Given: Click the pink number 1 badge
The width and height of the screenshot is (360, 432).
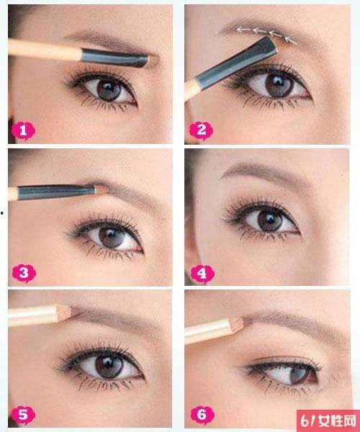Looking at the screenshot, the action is [x=23, y=131].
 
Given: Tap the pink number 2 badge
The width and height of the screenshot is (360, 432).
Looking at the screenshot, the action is [x=201, y=130].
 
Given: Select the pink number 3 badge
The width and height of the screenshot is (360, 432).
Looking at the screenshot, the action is [x=24, y=274].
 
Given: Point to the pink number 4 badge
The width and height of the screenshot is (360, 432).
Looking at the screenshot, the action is [x=202, y=274].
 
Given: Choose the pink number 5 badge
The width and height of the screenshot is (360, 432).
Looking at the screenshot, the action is [x=24, y=415].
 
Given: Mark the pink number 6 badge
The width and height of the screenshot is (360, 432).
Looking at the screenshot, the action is [x=202, y=415].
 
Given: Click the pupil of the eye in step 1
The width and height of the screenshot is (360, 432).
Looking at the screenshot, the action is [x=109, y=90].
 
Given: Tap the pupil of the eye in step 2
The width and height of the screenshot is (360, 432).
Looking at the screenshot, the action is [x=279, y=84].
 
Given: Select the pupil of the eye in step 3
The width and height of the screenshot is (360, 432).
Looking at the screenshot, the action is [x=111, y=237].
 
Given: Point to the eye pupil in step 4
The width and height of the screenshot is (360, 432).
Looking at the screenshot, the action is [x=270, y=220].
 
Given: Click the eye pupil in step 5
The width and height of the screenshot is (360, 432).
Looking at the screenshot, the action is [x=109, y=366].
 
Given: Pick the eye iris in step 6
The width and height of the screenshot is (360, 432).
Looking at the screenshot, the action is [x=297, y=374].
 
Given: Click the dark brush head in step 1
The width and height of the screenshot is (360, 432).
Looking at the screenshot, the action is [x=115, y=58].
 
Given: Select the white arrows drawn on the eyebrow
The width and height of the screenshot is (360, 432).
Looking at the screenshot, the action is [x=266, y=34].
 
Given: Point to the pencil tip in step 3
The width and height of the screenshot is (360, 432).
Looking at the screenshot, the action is [x=102, y=189].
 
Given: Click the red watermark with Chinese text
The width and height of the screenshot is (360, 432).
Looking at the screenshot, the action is [x=328, y=420].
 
